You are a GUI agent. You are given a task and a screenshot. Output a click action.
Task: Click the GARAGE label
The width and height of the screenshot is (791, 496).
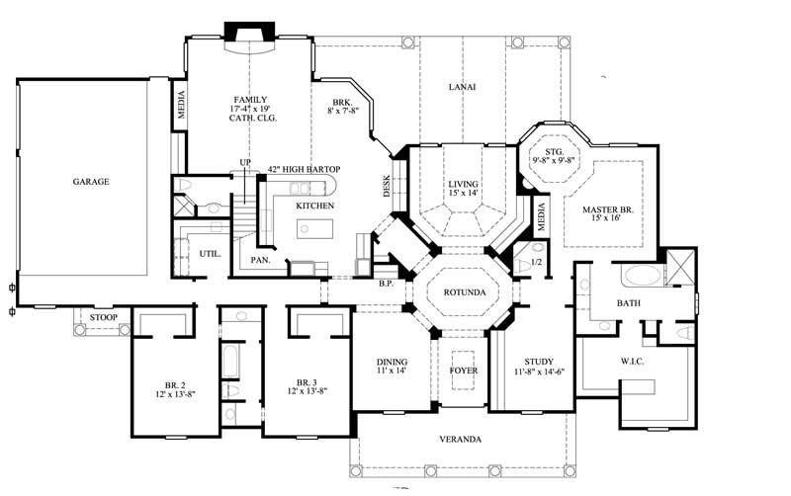pyautogui.click(x=89, y=182)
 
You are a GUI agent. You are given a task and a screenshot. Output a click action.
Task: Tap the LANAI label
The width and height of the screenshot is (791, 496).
pyautogui.click(x=462, y=87)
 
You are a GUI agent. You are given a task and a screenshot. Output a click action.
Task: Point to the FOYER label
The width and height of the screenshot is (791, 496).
pyautogui.click(x=464, y=371)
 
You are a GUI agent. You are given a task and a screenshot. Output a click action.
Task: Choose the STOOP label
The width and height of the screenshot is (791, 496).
pyautogui.click(x=103, y=318)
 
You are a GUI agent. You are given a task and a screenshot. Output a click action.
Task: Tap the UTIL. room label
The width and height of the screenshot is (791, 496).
pyautogui.click(x=210, y=254)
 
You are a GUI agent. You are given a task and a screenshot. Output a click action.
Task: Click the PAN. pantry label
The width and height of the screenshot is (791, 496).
pyautogui.click(x=261, y=260)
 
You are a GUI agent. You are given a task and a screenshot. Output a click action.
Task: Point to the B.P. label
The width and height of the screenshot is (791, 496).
pyautogui.click(x=387, y=284)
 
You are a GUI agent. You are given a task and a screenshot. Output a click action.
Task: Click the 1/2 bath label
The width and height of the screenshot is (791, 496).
pyautogui.click(x=536, y=262)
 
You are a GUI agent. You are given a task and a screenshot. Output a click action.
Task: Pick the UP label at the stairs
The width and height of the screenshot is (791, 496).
pyautogui.click(x=244, y=163)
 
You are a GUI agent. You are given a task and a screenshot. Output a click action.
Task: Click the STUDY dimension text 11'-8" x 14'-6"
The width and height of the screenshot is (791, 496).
pyautogui.click(x=539, y=372)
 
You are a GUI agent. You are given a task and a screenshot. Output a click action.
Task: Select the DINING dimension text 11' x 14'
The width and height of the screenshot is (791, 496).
pyautogui.click(x=392, y=372)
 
